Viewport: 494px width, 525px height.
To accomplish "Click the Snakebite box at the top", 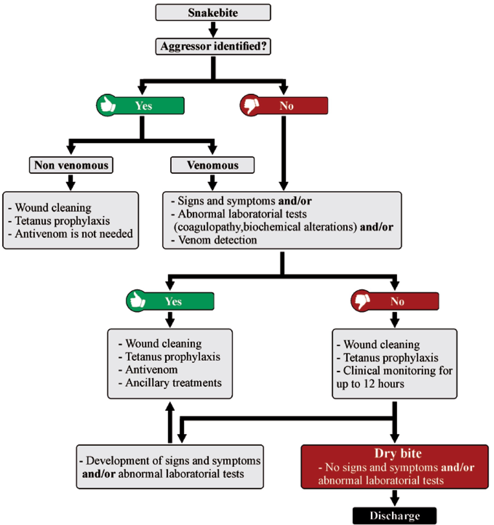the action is pyautogui.click(x=213, y=12).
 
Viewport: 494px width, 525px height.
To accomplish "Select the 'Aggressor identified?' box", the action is pyautogui.click(x=213, y=46).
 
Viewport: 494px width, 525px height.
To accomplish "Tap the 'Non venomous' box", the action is pyautogui.click(x=71, y=165).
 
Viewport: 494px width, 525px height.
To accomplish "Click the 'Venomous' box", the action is pyautogui.click(x=212, y=165).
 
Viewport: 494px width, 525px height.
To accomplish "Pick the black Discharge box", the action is pyautogui.click(x=395, y=515).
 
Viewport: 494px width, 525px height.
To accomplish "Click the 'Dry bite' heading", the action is pyautogui.click(x=398, y=453).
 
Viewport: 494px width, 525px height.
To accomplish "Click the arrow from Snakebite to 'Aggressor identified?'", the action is pyautogui.click(x=213, y=29).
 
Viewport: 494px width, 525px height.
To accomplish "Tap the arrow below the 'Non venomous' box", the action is pyautogui.click(x=71, y=182).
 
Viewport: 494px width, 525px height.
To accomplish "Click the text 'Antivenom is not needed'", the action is pyautogui.click(x=74, y=234).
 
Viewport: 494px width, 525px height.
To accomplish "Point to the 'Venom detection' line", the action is pyautogui.click(x=218, y=240).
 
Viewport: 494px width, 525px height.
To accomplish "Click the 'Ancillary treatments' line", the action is pyautogui.click(x=174, y=383).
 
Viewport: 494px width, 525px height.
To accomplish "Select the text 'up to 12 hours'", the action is pyautogui.click(x=370, y=384).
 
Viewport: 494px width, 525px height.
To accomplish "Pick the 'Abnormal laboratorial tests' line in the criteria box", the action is pyautogui.click(x=242, y=214).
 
